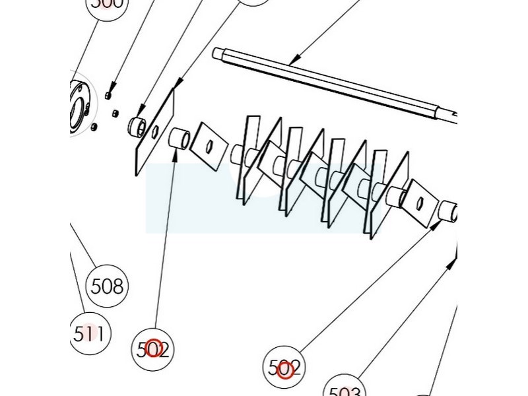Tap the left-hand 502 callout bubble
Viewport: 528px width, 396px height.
[x=153, y=348]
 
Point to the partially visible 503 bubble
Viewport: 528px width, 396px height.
[x=343, y=389]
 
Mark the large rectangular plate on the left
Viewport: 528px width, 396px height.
[x=156, y=132]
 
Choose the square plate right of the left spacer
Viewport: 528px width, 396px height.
[x=208, y=145]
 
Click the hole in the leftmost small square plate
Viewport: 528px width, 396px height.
[x=209, y=146]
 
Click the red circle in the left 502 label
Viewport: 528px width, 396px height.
[x=154, y=348]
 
